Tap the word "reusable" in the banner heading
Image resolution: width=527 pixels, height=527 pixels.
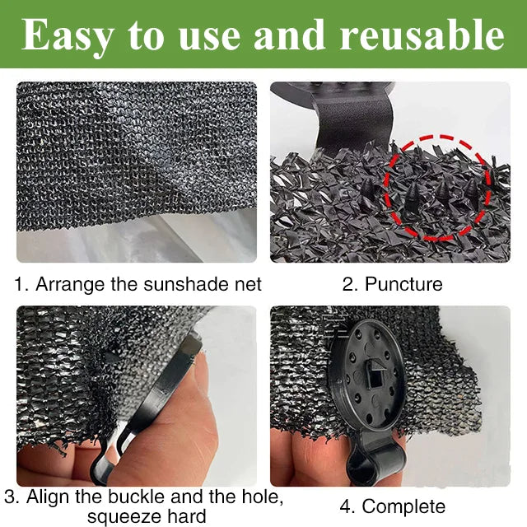point(422,34)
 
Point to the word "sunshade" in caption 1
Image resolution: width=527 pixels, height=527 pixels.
point(189,284)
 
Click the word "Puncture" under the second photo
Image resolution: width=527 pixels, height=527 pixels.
point(403,284)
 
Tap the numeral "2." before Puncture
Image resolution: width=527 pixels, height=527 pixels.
point(352,284)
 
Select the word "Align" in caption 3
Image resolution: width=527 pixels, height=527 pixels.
point(48,497)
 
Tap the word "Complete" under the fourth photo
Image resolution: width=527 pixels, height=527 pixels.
point(403,507)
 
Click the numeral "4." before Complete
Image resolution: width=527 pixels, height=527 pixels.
point(348,507)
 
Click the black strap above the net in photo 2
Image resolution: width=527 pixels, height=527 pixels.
point(353,124)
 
